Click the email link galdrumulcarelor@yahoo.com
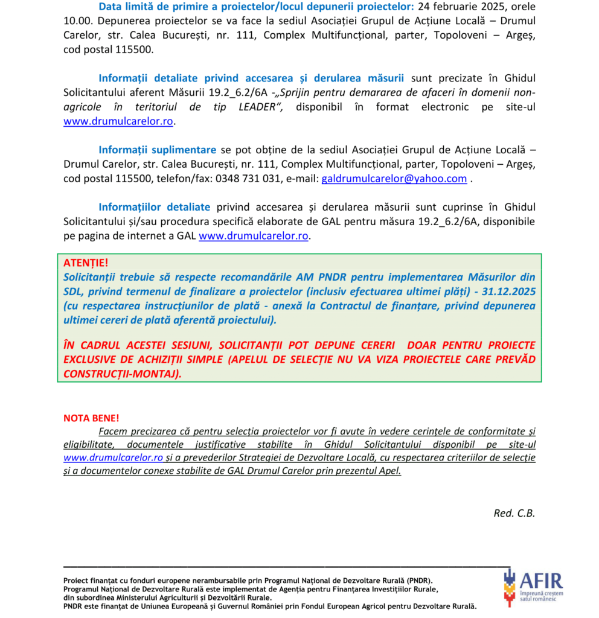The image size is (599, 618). [394, 179]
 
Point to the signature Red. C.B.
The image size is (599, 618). [514, 513]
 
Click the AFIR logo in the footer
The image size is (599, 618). [533, 587]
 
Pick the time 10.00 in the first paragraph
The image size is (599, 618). [75, 21]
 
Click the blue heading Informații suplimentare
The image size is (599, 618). [158, 150]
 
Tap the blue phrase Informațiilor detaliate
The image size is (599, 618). [155, 207]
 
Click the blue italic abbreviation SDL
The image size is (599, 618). [73, 291]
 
